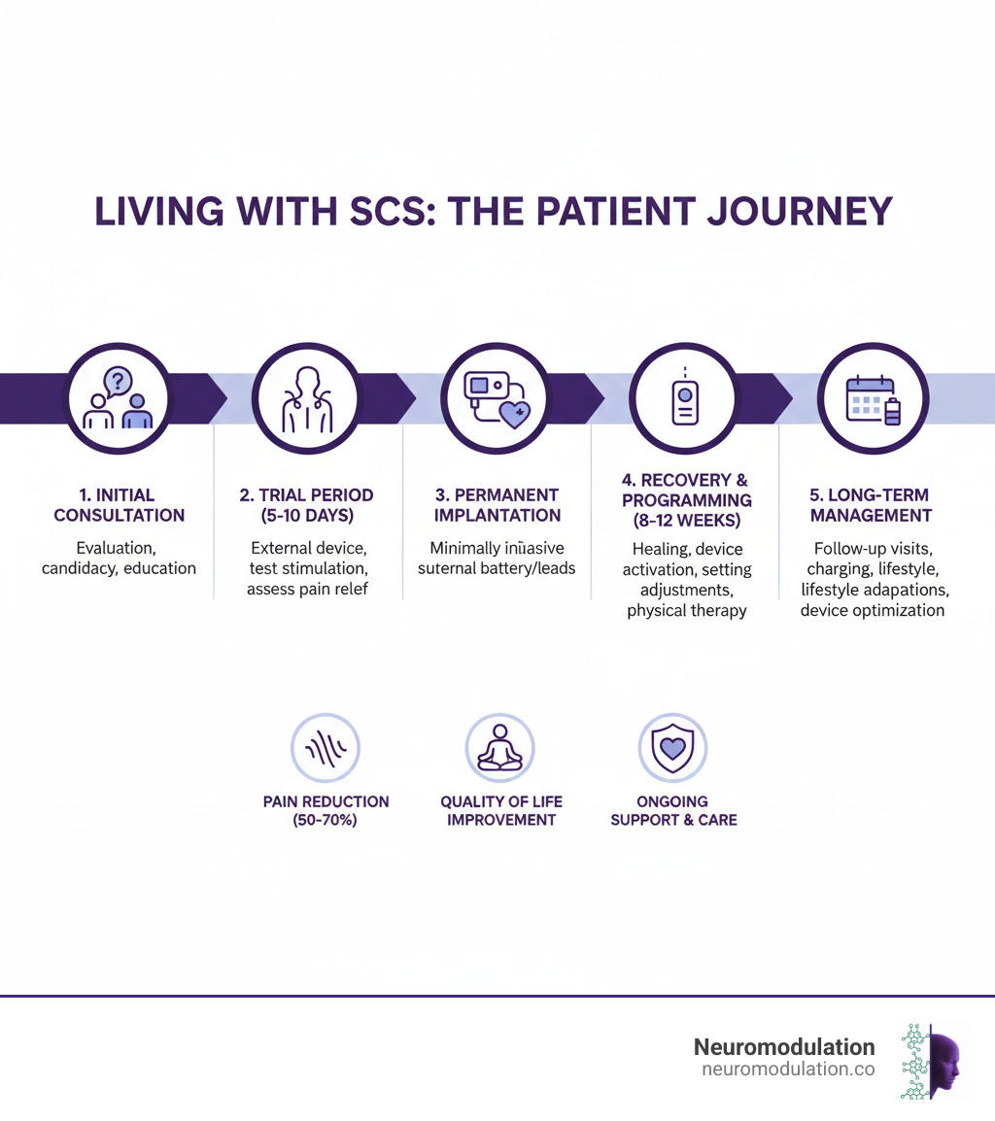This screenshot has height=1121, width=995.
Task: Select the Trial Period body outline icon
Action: (307, 398)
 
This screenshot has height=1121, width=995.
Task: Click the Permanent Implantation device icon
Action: (496, 398)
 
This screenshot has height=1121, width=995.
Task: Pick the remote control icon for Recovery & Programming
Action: (684, 398)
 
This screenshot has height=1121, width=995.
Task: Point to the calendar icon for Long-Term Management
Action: (873, 398)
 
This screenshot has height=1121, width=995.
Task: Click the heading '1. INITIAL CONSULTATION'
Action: (119, 505)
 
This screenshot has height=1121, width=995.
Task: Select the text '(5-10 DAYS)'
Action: (307, 516)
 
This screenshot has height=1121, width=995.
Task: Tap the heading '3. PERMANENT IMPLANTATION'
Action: (496, 505)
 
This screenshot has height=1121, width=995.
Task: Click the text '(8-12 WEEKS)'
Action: (684, 520)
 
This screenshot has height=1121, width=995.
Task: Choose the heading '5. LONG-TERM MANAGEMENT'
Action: (871, 505)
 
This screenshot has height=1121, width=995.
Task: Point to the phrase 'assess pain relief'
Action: (307, 589)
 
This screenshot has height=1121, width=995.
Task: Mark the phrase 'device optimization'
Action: (872, 610)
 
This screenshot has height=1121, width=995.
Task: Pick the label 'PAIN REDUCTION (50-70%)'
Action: (326, 811)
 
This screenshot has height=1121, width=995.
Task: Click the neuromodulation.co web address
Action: (787, 1070)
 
